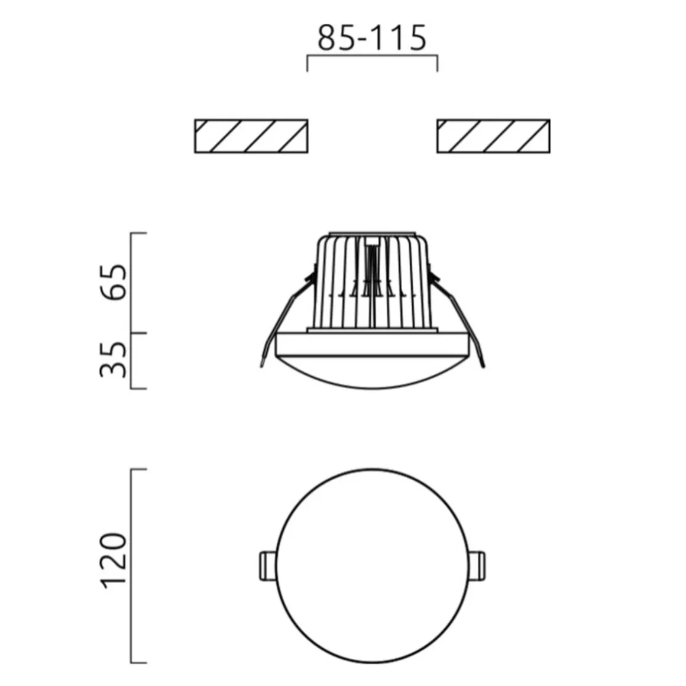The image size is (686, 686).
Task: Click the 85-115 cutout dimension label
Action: (x=372, y=38)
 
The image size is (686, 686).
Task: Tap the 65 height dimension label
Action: (x=114, y=282)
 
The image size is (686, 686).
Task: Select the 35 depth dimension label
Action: (x=114, y=359)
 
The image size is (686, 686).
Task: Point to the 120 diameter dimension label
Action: (x=114, y=561)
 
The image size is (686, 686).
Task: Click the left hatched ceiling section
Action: (x=251, y=136)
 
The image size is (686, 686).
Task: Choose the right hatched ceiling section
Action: (x=493, y=136)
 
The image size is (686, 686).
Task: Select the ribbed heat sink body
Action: (x=373, y=282)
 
